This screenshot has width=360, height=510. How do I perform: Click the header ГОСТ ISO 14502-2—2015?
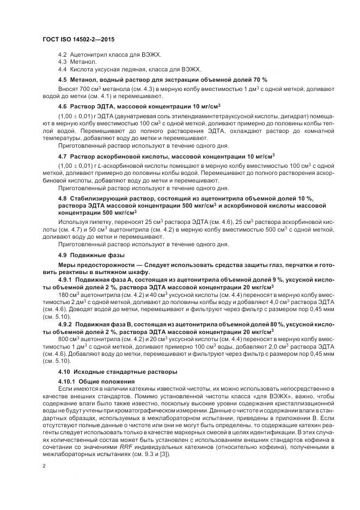[77, 40]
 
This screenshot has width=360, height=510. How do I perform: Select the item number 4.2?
[63, 55]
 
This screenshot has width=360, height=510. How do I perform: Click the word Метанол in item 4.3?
[83, 62]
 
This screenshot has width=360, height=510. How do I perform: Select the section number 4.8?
[63, 198]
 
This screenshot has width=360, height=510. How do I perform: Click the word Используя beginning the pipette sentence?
[73, 222]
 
